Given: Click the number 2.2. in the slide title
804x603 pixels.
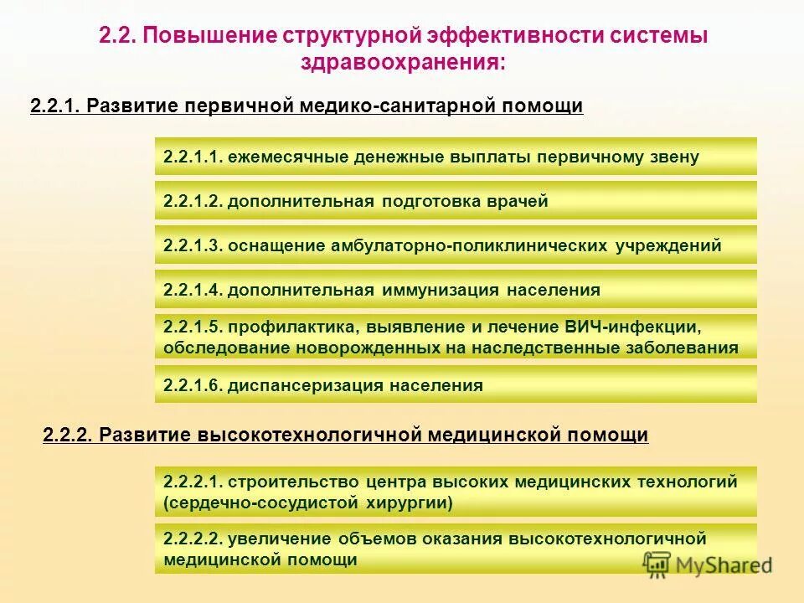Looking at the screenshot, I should coord(117,37).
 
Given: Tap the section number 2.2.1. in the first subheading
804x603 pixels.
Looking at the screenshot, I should coord(55,106).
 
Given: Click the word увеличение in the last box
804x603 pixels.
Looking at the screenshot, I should coord(280,539).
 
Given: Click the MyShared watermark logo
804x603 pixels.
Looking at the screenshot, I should coord(707,564).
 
